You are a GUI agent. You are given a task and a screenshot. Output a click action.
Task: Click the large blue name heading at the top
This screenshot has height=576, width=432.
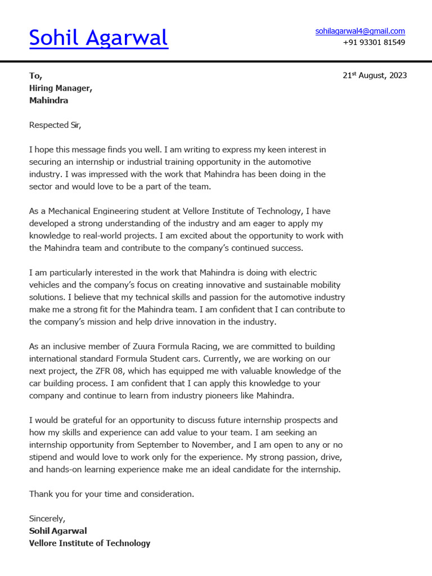[x=98, y=38]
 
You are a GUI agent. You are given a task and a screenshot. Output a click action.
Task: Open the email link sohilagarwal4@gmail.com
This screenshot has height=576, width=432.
[x=360, y=31]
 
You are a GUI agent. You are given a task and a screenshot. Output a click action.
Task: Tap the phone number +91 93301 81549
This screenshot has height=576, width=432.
[x=373, y=42]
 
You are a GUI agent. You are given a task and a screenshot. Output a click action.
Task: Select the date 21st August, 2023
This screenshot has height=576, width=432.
[x=375, y=75]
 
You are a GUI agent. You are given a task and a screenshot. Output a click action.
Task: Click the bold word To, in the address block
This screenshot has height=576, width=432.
[x=35, y=75]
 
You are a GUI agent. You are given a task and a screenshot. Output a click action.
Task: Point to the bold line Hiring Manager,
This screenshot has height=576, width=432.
[x=61, y=88]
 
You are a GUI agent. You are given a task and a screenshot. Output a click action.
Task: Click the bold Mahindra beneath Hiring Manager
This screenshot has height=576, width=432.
[x=48, y=100]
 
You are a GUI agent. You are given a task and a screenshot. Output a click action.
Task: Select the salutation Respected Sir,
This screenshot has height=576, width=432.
[x=55, y=125]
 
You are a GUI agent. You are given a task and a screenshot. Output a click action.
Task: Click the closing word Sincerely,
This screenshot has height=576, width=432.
[x=47, y=519]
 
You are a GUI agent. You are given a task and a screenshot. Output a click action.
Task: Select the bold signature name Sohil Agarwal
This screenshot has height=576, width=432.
[x=58, y=531]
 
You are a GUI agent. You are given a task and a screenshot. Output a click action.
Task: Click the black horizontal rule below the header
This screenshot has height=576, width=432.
[x=216, y=61]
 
